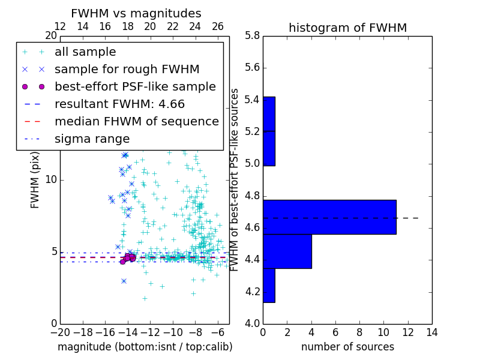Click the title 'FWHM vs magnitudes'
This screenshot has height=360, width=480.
[x=136, y=13]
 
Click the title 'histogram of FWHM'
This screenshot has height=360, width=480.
[x=347, y=28]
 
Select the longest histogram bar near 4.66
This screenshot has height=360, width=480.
[x=329, y=217]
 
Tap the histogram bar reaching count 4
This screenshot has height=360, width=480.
[x=287, y=251]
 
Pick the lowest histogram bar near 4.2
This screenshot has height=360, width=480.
[x=269, y=285]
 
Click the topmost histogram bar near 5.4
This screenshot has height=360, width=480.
[x=269, y=113]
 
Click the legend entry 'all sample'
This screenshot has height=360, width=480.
[x=85, y=52]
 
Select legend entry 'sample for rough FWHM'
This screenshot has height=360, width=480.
[x=127, y=69]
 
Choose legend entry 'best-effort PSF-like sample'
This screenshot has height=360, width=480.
[x=135, y=86]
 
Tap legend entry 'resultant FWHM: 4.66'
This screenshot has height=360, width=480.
[x=119, y=104]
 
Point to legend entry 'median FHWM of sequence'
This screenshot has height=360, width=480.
[x=136, y=121]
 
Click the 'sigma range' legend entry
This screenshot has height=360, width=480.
[x=92, y=139]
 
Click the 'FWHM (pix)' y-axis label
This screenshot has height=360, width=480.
[x=35, y=179]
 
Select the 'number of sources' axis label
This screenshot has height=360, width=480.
[x=347, y=347]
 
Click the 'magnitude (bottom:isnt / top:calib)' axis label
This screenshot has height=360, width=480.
[x=145, y=347]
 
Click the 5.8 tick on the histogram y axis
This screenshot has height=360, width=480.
[x=252, y=35]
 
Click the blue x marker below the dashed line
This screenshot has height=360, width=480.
[x=124, y=281]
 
